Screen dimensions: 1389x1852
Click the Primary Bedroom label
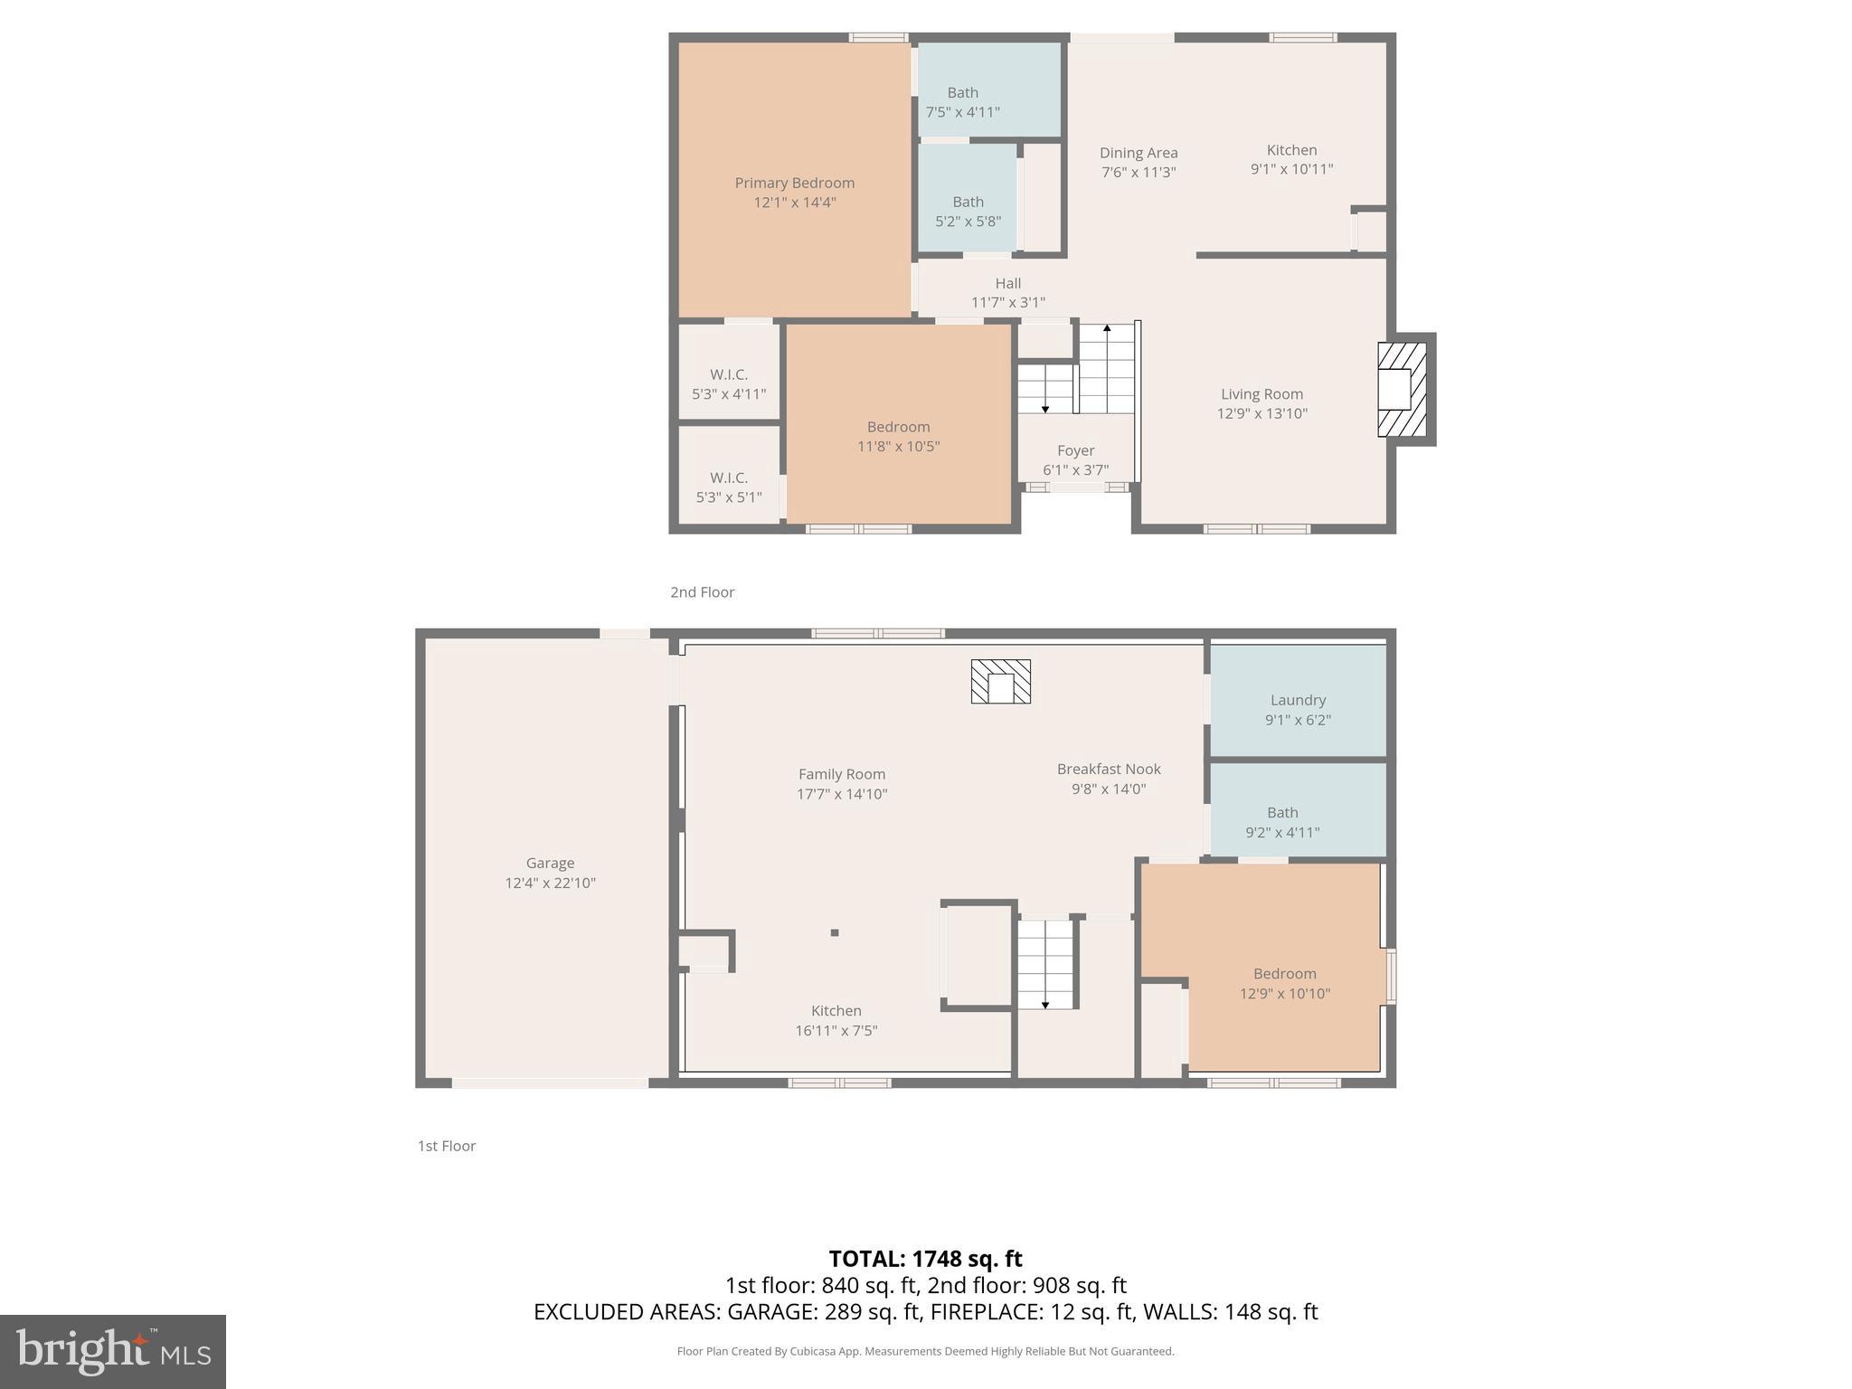[794, 184]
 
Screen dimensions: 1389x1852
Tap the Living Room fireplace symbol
[1401, 390]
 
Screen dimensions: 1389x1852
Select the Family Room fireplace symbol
[1000, 682]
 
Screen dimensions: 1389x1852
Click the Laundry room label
[1298, 700]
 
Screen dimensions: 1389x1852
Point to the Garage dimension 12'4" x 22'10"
[550, 883]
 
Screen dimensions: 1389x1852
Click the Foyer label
[1075, 450]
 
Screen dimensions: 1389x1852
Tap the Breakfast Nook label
[1109, 770]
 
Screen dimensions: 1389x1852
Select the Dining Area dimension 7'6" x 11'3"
[1139, 173]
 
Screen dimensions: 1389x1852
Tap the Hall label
[1007, 284]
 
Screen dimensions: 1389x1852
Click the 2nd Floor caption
[702, 592]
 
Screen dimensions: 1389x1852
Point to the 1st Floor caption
[446, 1146]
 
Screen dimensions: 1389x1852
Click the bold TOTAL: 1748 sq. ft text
[925, 1259]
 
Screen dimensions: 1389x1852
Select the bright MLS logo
[113, 1352]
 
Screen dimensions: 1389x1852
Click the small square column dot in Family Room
[835, 932]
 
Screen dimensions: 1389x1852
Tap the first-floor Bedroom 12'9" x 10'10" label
[1284, 974]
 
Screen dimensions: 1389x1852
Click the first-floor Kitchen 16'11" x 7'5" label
[836, 1011]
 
